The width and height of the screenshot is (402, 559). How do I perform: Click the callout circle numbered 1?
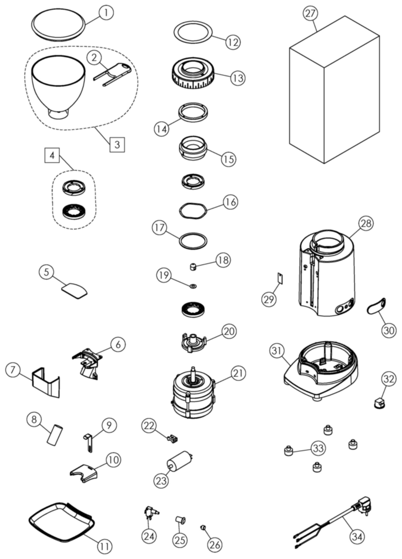coord(106,13)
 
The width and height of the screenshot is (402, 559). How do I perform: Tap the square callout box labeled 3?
coord(117,144)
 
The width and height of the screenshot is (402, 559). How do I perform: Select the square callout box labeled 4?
coord(52,156)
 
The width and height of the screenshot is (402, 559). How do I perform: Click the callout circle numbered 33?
coord(318,448)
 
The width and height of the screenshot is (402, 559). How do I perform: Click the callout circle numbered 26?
coord(215,544)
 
